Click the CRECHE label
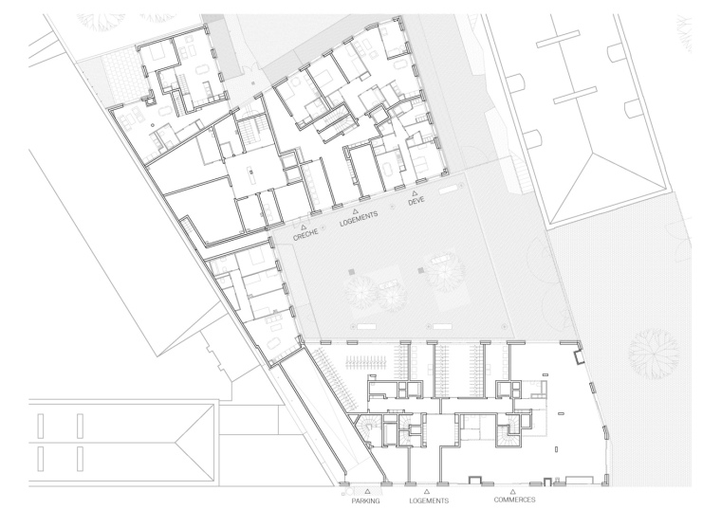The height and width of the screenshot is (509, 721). [x=305, y=235]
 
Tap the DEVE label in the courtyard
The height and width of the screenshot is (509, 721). [x=416, y=201]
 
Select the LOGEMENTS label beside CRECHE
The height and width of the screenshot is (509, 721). [x=359, y=219]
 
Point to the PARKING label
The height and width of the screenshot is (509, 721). [x=365, y=500]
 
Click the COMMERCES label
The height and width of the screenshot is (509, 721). [x=514, y=500]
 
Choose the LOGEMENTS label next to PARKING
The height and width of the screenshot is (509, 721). [x=429, y=500]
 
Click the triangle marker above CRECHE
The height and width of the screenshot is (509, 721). [x=303, y=227]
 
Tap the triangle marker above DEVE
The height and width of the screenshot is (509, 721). [x=415, y=193]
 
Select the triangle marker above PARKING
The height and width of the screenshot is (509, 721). [x=367, y=492]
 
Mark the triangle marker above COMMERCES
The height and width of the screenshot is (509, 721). [x=513, y=492]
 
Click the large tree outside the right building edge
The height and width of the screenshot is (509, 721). [x=654, y=354]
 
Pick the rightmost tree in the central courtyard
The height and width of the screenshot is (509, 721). [x=444, y=272]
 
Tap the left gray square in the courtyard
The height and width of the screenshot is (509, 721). [x=352, y=272]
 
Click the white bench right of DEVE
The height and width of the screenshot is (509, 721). [x=449, y=189]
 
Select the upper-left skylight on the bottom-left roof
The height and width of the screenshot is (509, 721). [x=41, y=426]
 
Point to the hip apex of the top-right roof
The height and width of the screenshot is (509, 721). [x=592, y=154]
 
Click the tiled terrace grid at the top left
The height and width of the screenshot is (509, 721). [x=120, y=76]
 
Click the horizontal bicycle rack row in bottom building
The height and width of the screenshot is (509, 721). [x=366, y=364]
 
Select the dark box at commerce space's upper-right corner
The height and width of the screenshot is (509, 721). [x=578, y=356]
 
